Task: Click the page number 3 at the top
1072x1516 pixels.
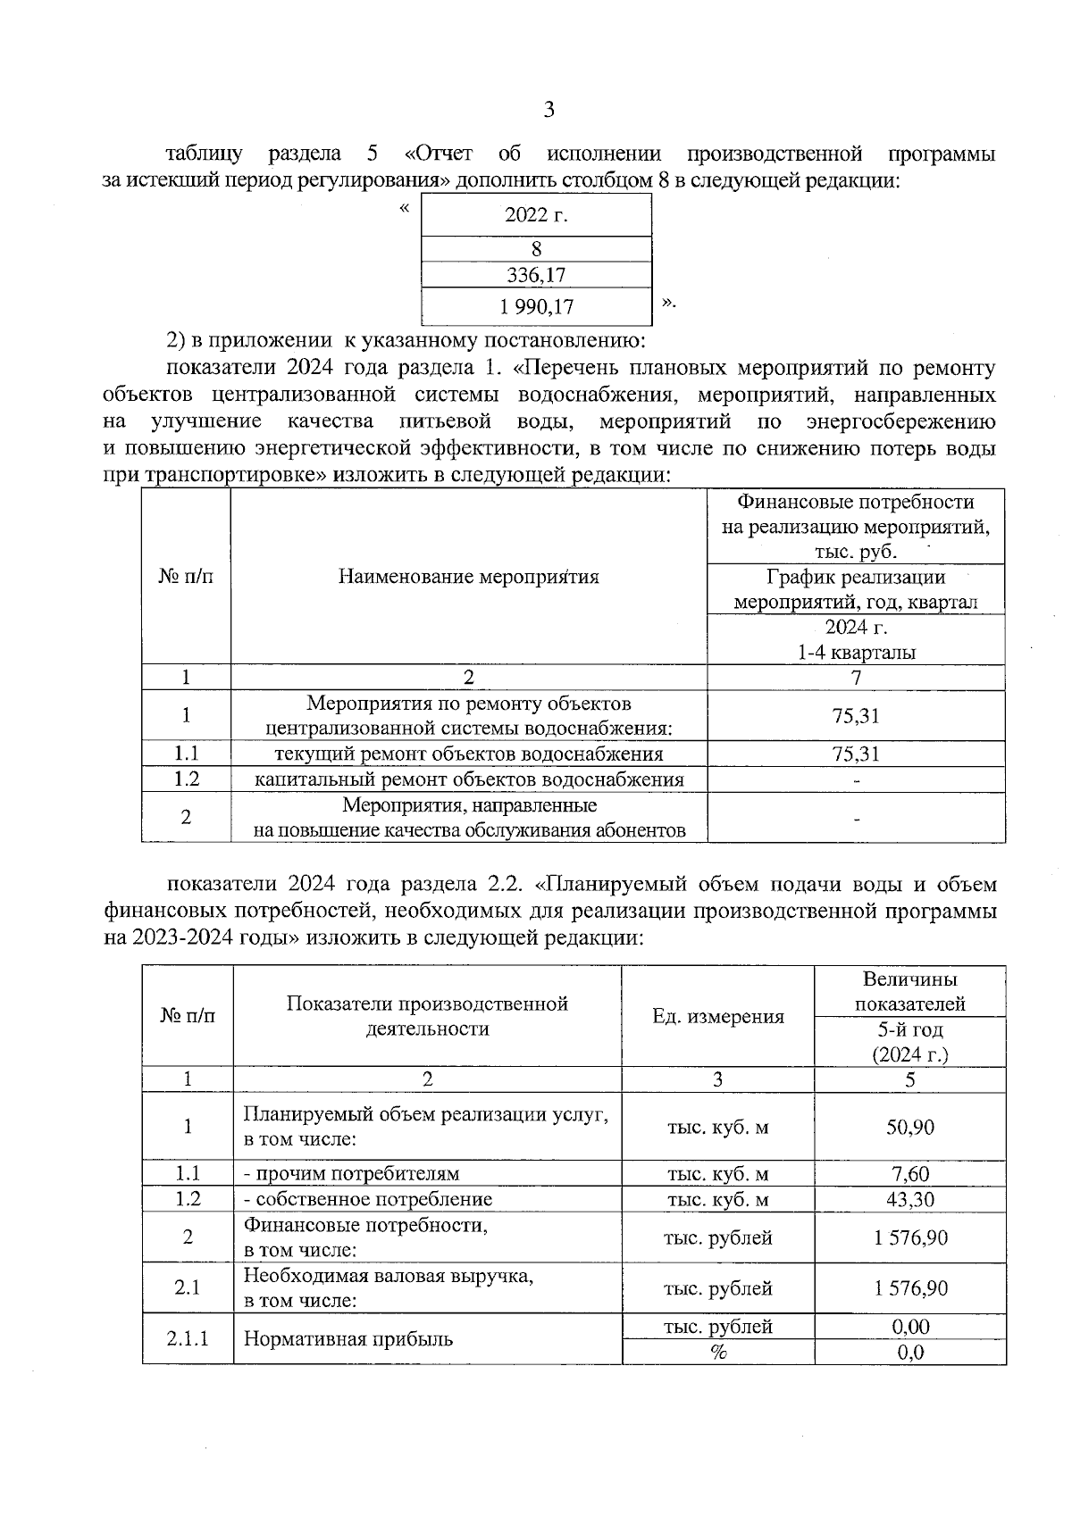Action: [x=549, y=110]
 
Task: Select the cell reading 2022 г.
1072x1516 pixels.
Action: [x=536, y=215]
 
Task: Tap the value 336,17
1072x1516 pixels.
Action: [x=536, y=275]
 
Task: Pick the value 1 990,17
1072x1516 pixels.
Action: [x=536, y=307]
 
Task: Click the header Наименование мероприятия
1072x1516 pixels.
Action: [x=468, y=577]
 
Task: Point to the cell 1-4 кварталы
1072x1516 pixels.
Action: [x=856, y=653]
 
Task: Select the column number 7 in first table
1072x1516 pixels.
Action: [x=856, y=678]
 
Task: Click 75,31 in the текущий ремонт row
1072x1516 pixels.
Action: [x=856, y=754]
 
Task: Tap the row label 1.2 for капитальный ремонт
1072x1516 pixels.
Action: [x=186, y=779]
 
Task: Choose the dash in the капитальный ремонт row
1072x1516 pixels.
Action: [x=856, y=781]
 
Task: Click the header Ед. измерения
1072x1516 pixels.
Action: [x=717, y=1016]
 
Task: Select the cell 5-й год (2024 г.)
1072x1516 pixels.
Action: [x=909, y=1042]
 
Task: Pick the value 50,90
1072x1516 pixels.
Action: [x=909, y=1127]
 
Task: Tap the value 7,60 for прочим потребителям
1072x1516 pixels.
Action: [x=909, y=1174]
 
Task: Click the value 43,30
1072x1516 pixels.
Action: [x=909, y=1199]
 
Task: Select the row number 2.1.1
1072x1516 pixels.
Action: [x=188, y=1338]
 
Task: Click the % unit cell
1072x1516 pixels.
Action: [x=717, y=1352]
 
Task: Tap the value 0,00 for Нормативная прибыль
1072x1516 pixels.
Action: [x=909, y=1327]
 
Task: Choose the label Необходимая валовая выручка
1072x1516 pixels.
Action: [x=389, y=1276]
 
